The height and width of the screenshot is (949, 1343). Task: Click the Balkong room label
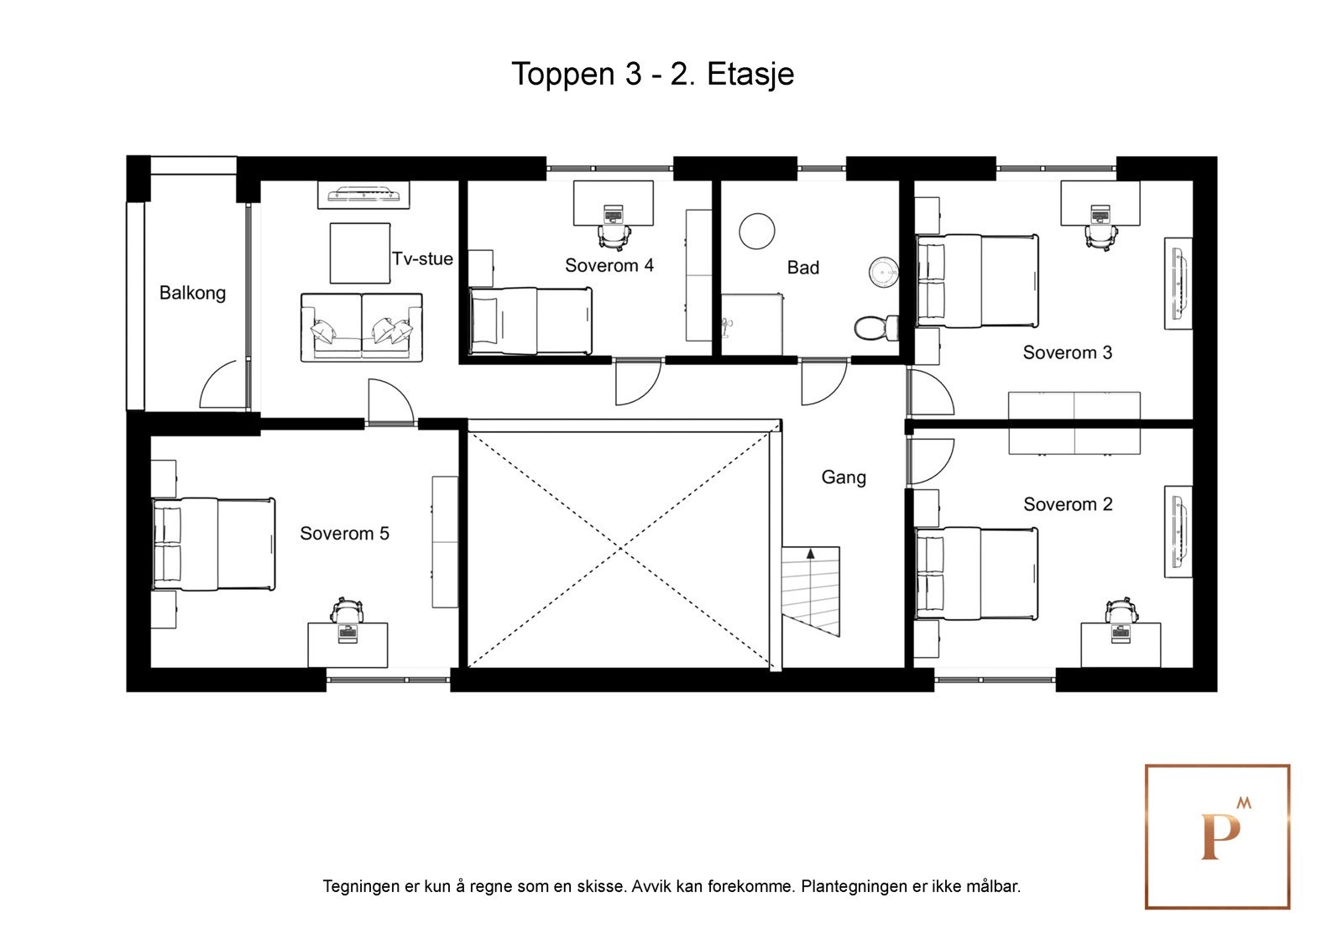click(192, 293)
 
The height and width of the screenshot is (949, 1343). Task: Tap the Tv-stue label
click(422, 258)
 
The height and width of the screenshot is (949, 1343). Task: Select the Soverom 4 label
click(609, 265)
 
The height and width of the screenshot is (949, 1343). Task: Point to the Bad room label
click(802, 268)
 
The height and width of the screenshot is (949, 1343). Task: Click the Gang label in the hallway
click(844, 477)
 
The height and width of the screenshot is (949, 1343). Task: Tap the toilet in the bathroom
click(876, 328)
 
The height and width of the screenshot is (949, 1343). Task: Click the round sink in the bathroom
click(884, 271)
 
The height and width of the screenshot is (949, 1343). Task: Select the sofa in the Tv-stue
click(362, 327)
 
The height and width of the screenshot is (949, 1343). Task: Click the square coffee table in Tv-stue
click(360, 253)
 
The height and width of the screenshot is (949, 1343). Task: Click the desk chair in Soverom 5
click(347, 610)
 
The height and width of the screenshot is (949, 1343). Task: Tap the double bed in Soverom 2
click(977, 573)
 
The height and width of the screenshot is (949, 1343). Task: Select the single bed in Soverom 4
click(530, 321)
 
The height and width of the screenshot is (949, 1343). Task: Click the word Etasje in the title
click(750, 75)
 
